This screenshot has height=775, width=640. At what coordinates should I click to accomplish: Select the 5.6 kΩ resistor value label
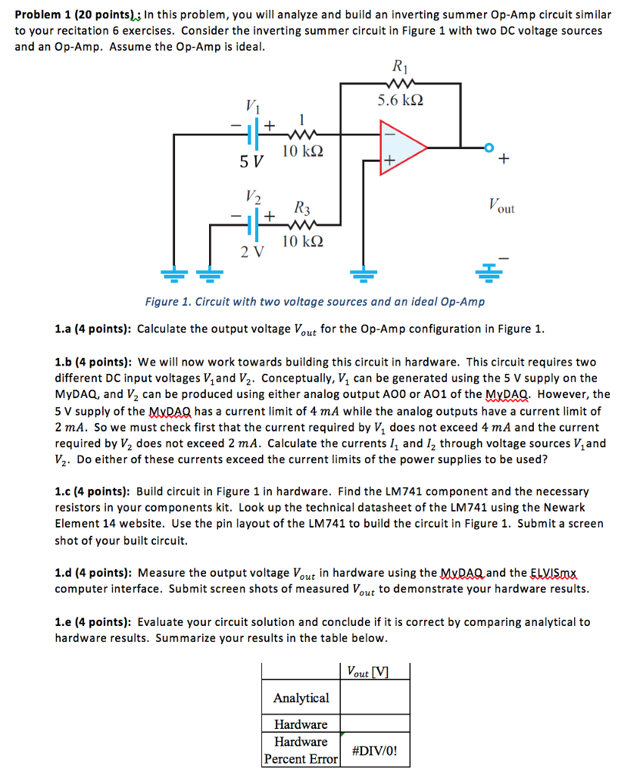(401, 100)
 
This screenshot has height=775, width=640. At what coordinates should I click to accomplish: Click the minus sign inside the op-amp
(389, 132)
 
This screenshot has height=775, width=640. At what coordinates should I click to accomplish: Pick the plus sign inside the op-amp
(389, 160)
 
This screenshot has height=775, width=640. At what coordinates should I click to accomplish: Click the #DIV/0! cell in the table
(374, 752)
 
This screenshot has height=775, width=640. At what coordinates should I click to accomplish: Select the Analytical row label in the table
(301, 698)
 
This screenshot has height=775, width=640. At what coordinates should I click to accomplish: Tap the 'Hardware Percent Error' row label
(301, 750)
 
